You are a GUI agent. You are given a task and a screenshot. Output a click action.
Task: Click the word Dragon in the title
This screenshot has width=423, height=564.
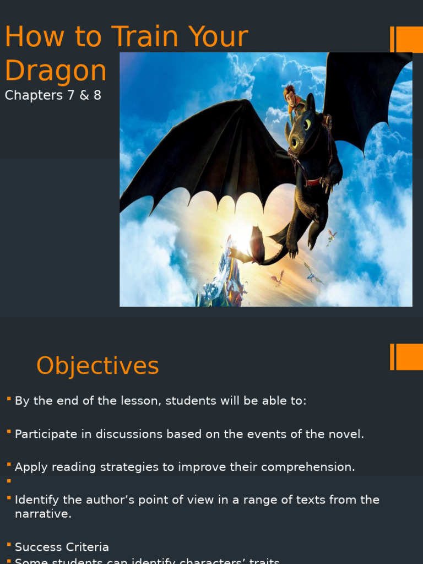(55, 71)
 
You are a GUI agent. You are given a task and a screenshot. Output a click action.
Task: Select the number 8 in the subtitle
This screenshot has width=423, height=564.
(97, 95)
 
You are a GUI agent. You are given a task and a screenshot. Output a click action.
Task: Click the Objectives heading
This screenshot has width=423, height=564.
(97, 366)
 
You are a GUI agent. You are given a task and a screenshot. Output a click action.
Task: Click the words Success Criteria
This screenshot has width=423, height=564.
(62, 547)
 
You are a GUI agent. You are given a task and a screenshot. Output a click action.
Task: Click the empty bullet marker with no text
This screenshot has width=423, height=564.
(9, 481)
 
